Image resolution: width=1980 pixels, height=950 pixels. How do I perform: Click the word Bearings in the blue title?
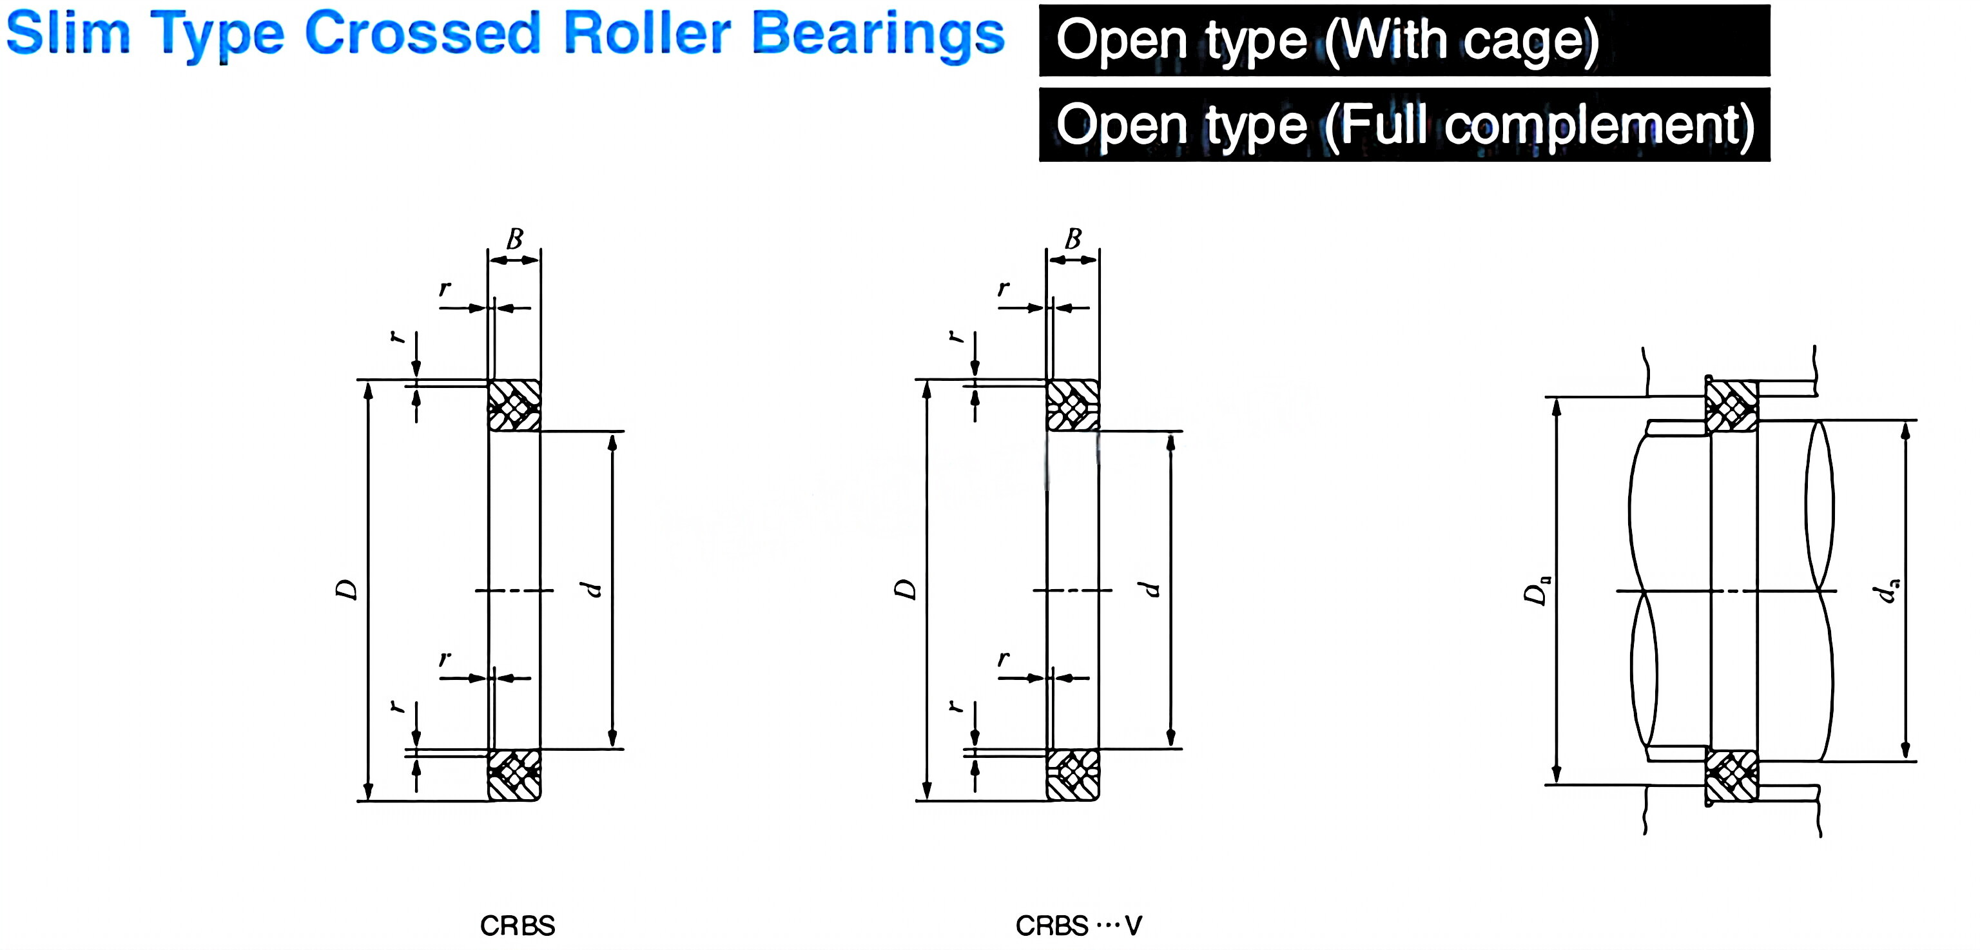click(x=877, y=35)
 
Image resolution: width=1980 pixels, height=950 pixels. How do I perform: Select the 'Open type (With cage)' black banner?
click(x=1404, y=41)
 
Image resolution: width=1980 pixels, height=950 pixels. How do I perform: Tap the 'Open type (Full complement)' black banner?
click(x=1404, y=124)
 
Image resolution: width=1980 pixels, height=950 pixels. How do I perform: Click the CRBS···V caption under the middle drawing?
click(x=1078, y=926)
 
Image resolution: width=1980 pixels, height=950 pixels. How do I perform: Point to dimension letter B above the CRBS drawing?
click(x=514, y=239)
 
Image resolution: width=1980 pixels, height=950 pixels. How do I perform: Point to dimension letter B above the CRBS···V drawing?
click(x=1072, y=239)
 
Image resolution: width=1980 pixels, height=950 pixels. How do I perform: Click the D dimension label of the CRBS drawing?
click(x=347, y=590)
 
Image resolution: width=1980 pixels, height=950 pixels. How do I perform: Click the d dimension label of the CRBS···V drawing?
click(x=1150, y=590)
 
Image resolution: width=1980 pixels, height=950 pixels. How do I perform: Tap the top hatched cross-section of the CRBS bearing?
click(x=514, y=405)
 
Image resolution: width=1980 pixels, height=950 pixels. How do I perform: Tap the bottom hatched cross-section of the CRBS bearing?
click(x=514, y=775)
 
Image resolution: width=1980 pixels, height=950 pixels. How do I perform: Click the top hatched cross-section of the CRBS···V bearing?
click(x=1072, y=405)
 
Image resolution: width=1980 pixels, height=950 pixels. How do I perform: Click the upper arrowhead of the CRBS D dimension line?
click(x=368, y=390)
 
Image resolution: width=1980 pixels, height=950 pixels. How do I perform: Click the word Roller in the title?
click(x=646, y=35)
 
